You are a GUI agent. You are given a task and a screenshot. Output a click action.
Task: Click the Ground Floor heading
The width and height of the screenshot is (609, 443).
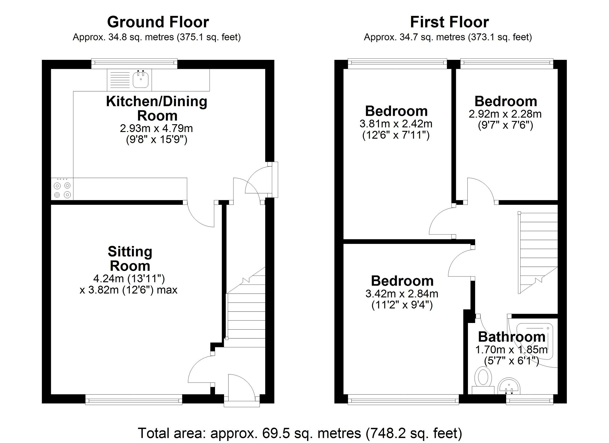click(158, 22)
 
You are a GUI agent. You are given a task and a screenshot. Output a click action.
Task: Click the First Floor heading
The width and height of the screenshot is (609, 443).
click(449, 22)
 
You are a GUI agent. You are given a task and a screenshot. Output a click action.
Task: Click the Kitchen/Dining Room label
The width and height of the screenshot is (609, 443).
click(157, 108)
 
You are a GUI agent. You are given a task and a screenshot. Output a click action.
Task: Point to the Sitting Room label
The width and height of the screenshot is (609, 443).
click(130, 259)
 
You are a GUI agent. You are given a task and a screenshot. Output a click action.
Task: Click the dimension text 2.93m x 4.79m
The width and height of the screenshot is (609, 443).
click(156, 128)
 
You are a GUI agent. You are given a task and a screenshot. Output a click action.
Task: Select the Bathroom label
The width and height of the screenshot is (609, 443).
click(512, 337)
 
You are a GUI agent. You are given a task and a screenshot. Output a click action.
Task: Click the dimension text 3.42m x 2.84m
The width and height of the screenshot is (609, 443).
click(402, 294)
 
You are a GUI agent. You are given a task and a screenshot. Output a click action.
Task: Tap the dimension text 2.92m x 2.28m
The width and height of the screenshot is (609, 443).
click(505, 114)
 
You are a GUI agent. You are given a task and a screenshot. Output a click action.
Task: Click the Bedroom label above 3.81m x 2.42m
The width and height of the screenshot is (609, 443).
click(396, 111)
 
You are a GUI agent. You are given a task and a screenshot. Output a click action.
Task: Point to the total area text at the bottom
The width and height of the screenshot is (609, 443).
click(300, 433)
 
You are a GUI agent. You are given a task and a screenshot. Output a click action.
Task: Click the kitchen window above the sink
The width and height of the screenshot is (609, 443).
click(134, 63)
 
